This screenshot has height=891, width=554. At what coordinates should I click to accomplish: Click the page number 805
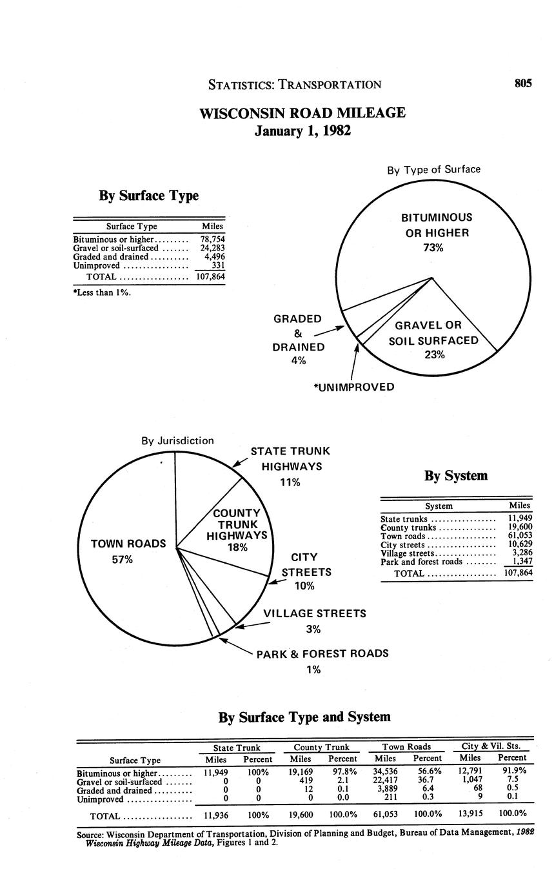(522, 83)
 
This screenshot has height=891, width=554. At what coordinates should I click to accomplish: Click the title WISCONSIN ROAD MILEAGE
(302, 113)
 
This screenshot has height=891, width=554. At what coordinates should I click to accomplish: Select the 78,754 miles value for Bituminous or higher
(212, 239)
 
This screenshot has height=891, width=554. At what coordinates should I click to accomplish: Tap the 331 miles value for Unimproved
(218, 265)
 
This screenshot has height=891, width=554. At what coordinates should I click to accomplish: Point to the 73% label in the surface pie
(433, 248)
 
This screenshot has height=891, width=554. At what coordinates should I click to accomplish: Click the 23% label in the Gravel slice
(435, 354)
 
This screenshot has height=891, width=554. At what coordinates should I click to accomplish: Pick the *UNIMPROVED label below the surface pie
(353, 387)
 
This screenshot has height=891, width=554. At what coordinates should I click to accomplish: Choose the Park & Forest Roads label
(322, 653)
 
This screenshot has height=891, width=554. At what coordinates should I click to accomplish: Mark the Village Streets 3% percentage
(313, 630)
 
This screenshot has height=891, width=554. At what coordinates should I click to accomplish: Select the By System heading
(455, 476)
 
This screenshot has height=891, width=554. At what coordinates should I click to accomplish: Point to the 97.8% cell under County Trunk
(342, 772)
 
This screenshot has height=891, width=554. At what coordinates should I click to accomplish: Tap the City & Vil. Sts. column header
(491, 747)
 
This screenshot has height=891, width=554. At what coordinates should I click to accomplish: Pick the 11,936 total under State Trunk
(216, 814)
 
